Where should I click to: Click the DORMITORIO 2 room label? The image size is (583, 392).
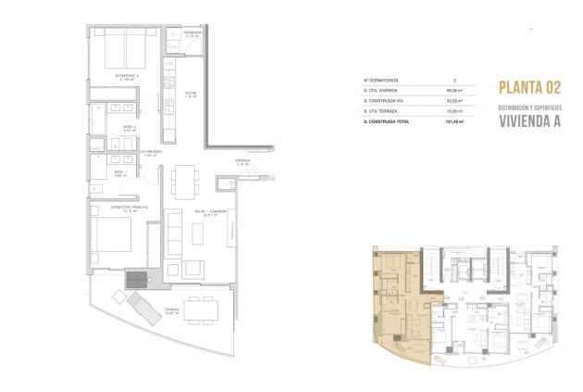pyautogui.click(x=115, y=75)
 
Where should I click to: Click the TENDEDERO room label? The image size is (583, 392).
pyautogui.click(x=192, y=34)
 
